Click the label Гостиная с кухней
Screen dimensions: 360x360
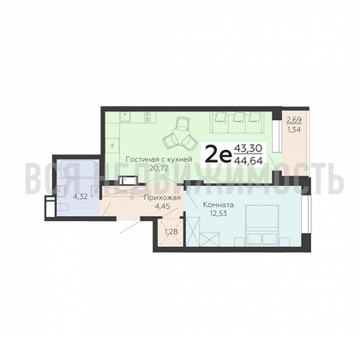point(159,159)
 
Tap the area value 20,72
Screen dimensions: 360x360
point(159,168)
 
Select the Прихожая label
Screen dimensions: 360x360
point(162,198)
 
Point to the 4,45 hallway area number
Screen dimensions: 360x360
point(162,206)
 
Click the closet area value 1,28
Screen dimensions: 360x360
point(171,231)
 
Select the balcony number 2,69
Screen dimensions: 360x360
point(294,120)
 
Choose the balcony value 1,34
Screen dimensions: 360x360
point(294,130)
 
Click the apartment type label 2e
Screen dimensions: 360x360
point(219,155)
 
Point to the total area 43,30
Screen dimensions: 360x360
point(248,149)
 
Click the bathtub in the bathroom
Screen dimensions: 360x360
point(78,172)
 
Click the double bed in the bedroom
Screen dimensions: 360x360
point(262,225)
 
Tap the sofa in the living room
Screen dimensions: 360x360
point(237,123)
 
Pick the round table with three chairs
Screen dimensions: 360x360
point(180,134)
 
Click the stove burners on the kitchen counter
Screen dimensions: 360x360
point(147,117)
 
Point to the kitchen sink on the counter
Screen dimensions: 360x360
point(125,117)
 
